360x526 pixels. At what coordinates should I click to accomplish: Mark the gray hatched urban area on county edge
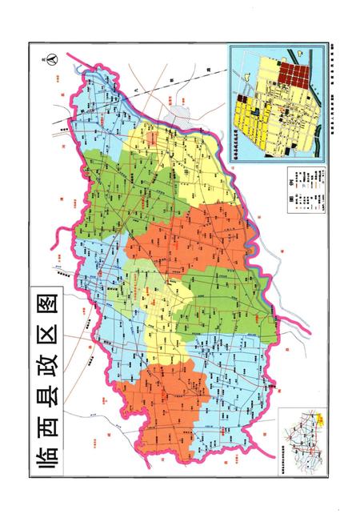pos(176,121)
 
